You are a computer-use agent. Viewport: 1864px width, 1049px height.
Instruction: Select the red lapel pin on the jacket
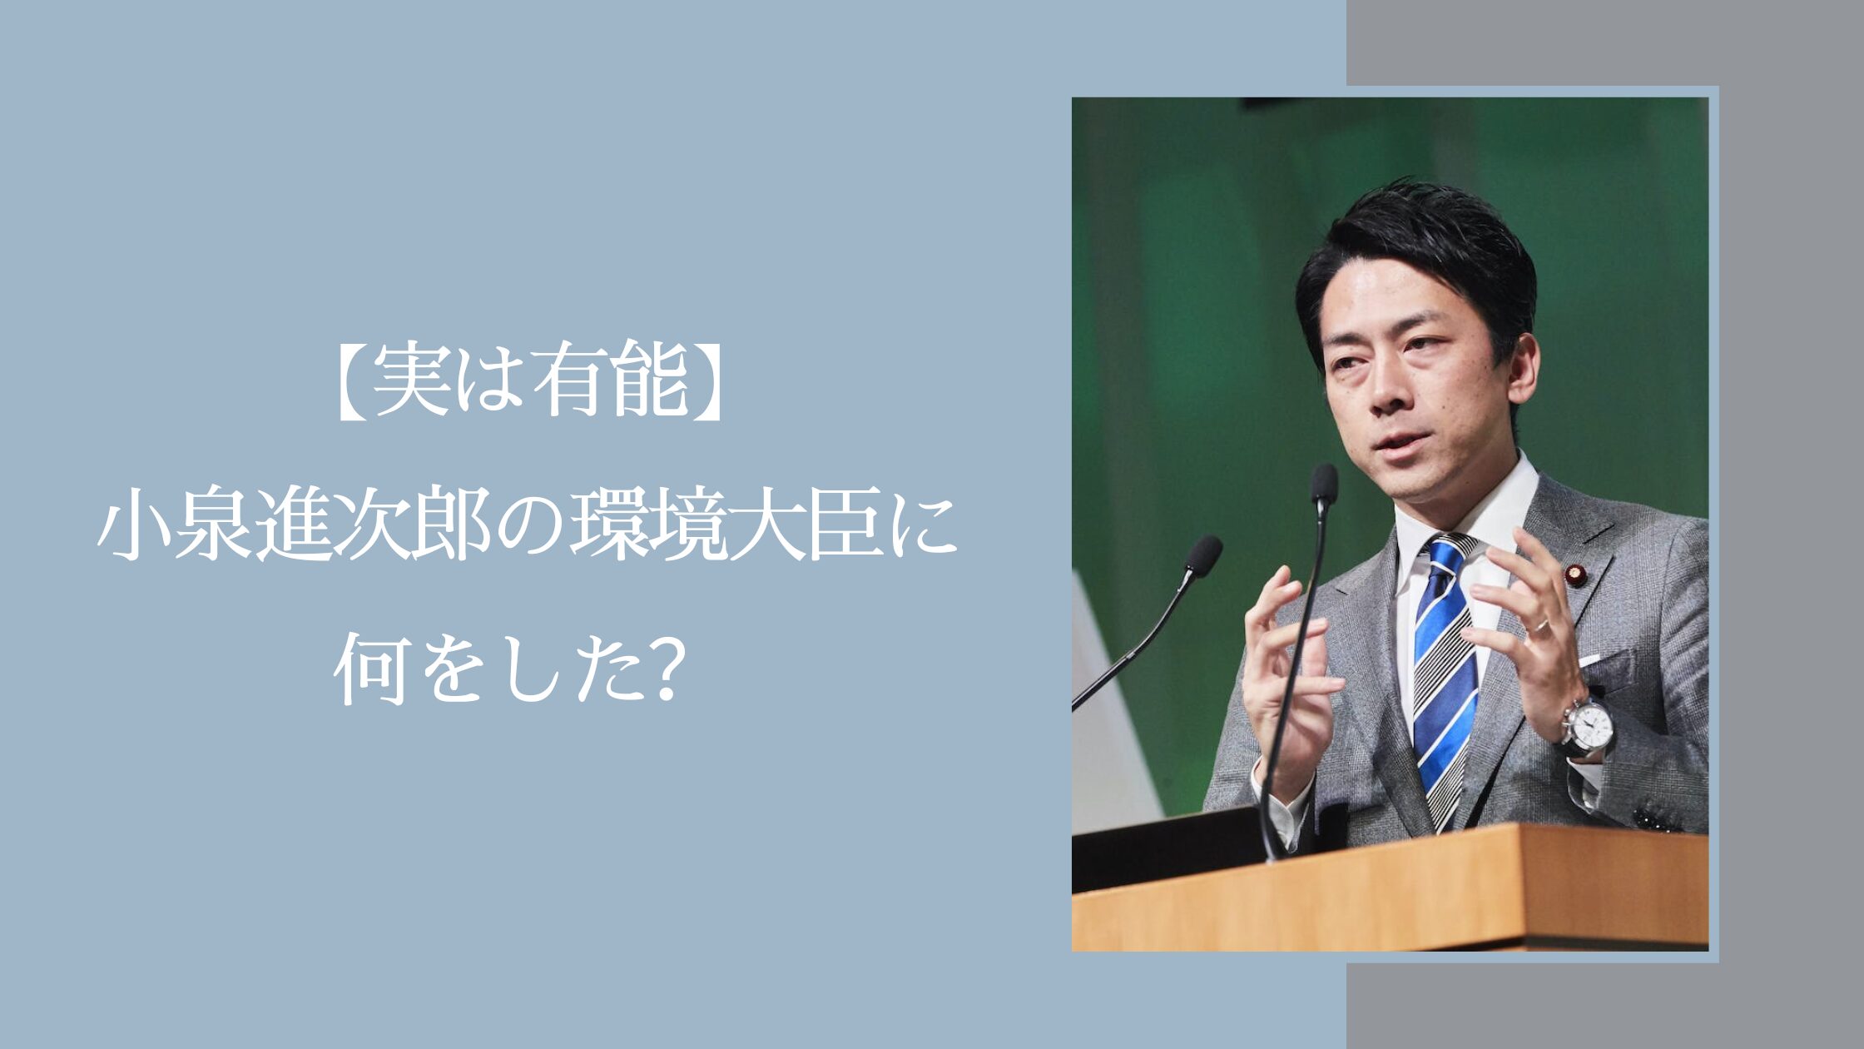click(1576, 574)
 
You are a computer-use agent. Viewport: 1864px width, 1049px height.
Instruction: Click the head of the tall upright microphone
click(1323, 485)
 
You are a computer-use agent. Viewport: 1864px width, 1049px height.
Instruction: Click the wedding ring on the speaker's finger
click(1542, 626)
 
